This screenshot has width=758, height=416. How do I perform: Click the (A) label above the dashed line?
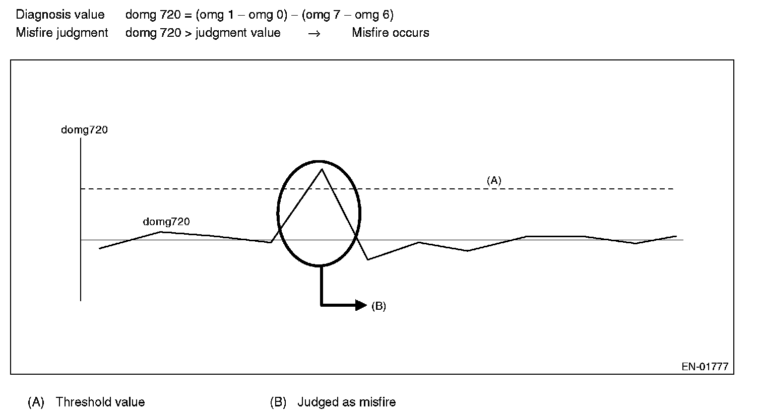point(493,180)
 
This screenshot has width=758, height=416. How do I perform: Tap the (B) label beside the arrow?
point(378,306)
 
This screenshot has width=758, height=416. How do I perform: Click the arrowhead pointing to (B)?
point(361,305)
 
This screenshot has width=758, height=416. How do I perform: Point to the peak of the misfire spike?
point(322,169)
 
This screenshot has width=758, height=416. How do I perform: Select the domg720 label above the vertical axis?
point(84,130)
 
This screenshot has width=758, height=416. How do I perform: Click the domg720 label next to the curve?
point(166,222)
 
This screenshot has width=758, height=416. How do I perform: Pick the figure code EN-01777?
point(705,367)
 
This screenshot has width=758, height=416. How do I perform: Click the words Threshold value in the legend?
point(100,402)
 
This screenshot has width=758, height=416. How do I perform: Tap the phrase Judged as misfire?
point(346,402)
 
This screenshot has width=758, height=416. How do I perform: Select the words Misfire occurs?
point(391,33)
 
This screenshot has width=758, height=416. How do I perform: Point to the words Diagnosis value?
point(60,15)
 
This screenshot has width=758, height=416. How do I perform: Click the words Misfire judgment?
point(62,33)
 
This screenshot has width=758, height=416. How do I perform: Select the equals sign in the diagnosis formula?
point(188,15)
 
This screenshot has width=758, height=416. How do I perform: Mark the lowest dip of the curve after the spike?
point(368,259)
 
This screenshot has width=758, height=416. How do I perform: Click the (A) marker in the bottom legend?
point(36,402)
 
